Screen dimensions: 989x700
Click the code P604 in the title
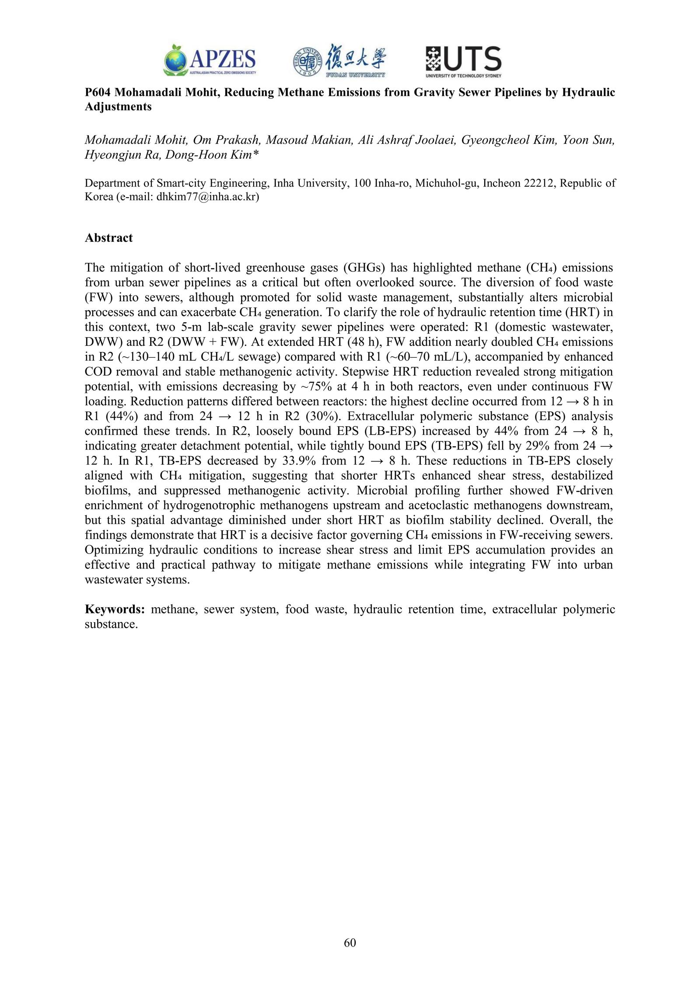click(x=98, y=93)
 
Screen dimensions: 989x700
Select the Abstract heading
click(x=108, y=238)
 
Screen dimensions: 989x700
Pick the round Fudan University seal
click(x=308, y=61)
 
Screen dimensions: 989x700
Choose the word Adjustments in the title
click(x=118, y=107)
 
